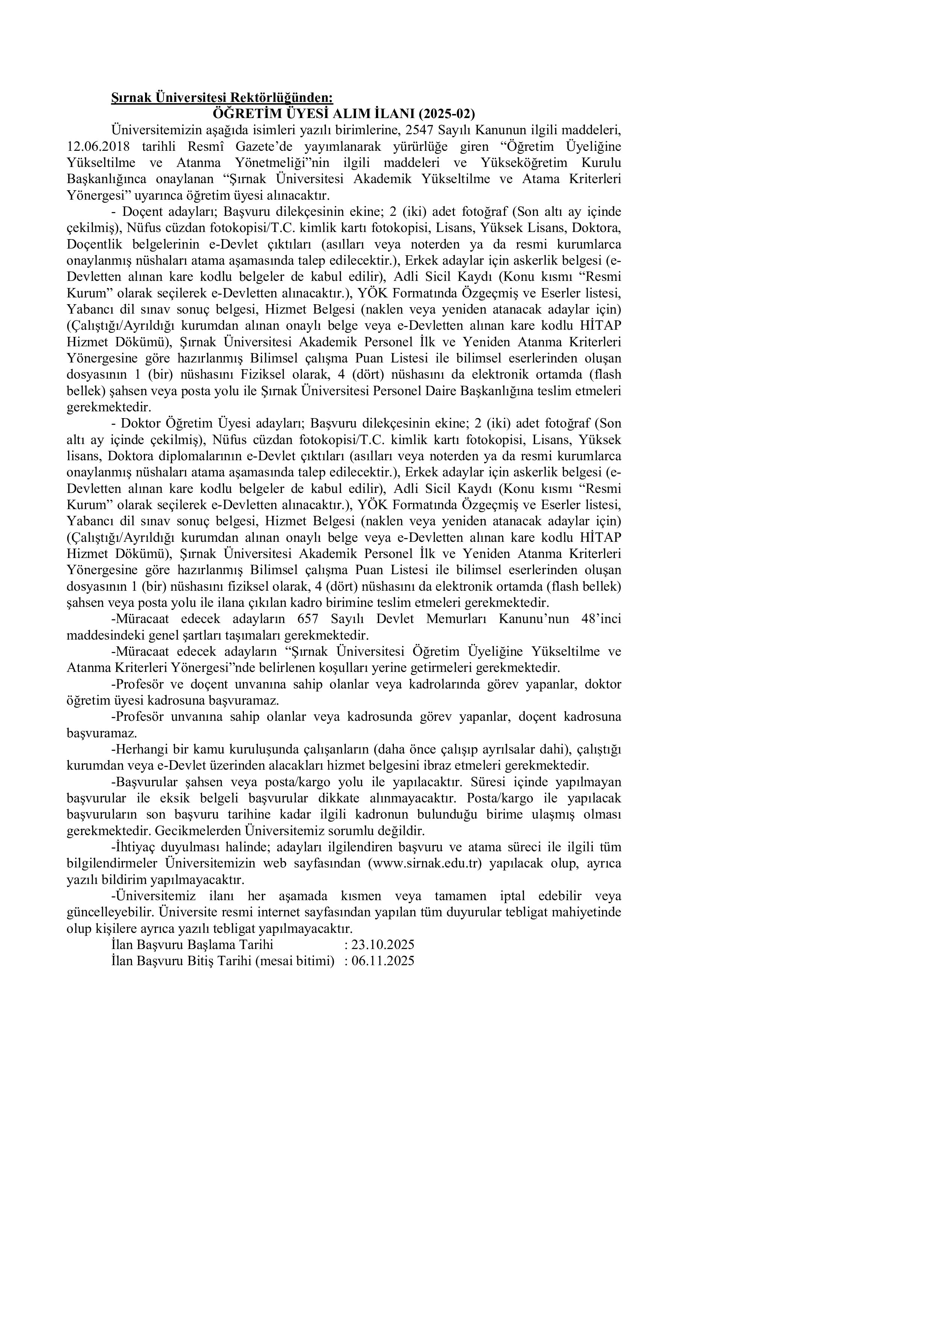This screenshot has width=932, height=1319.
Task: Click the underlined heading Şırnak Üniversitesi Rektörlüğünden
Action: point(222,98)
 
